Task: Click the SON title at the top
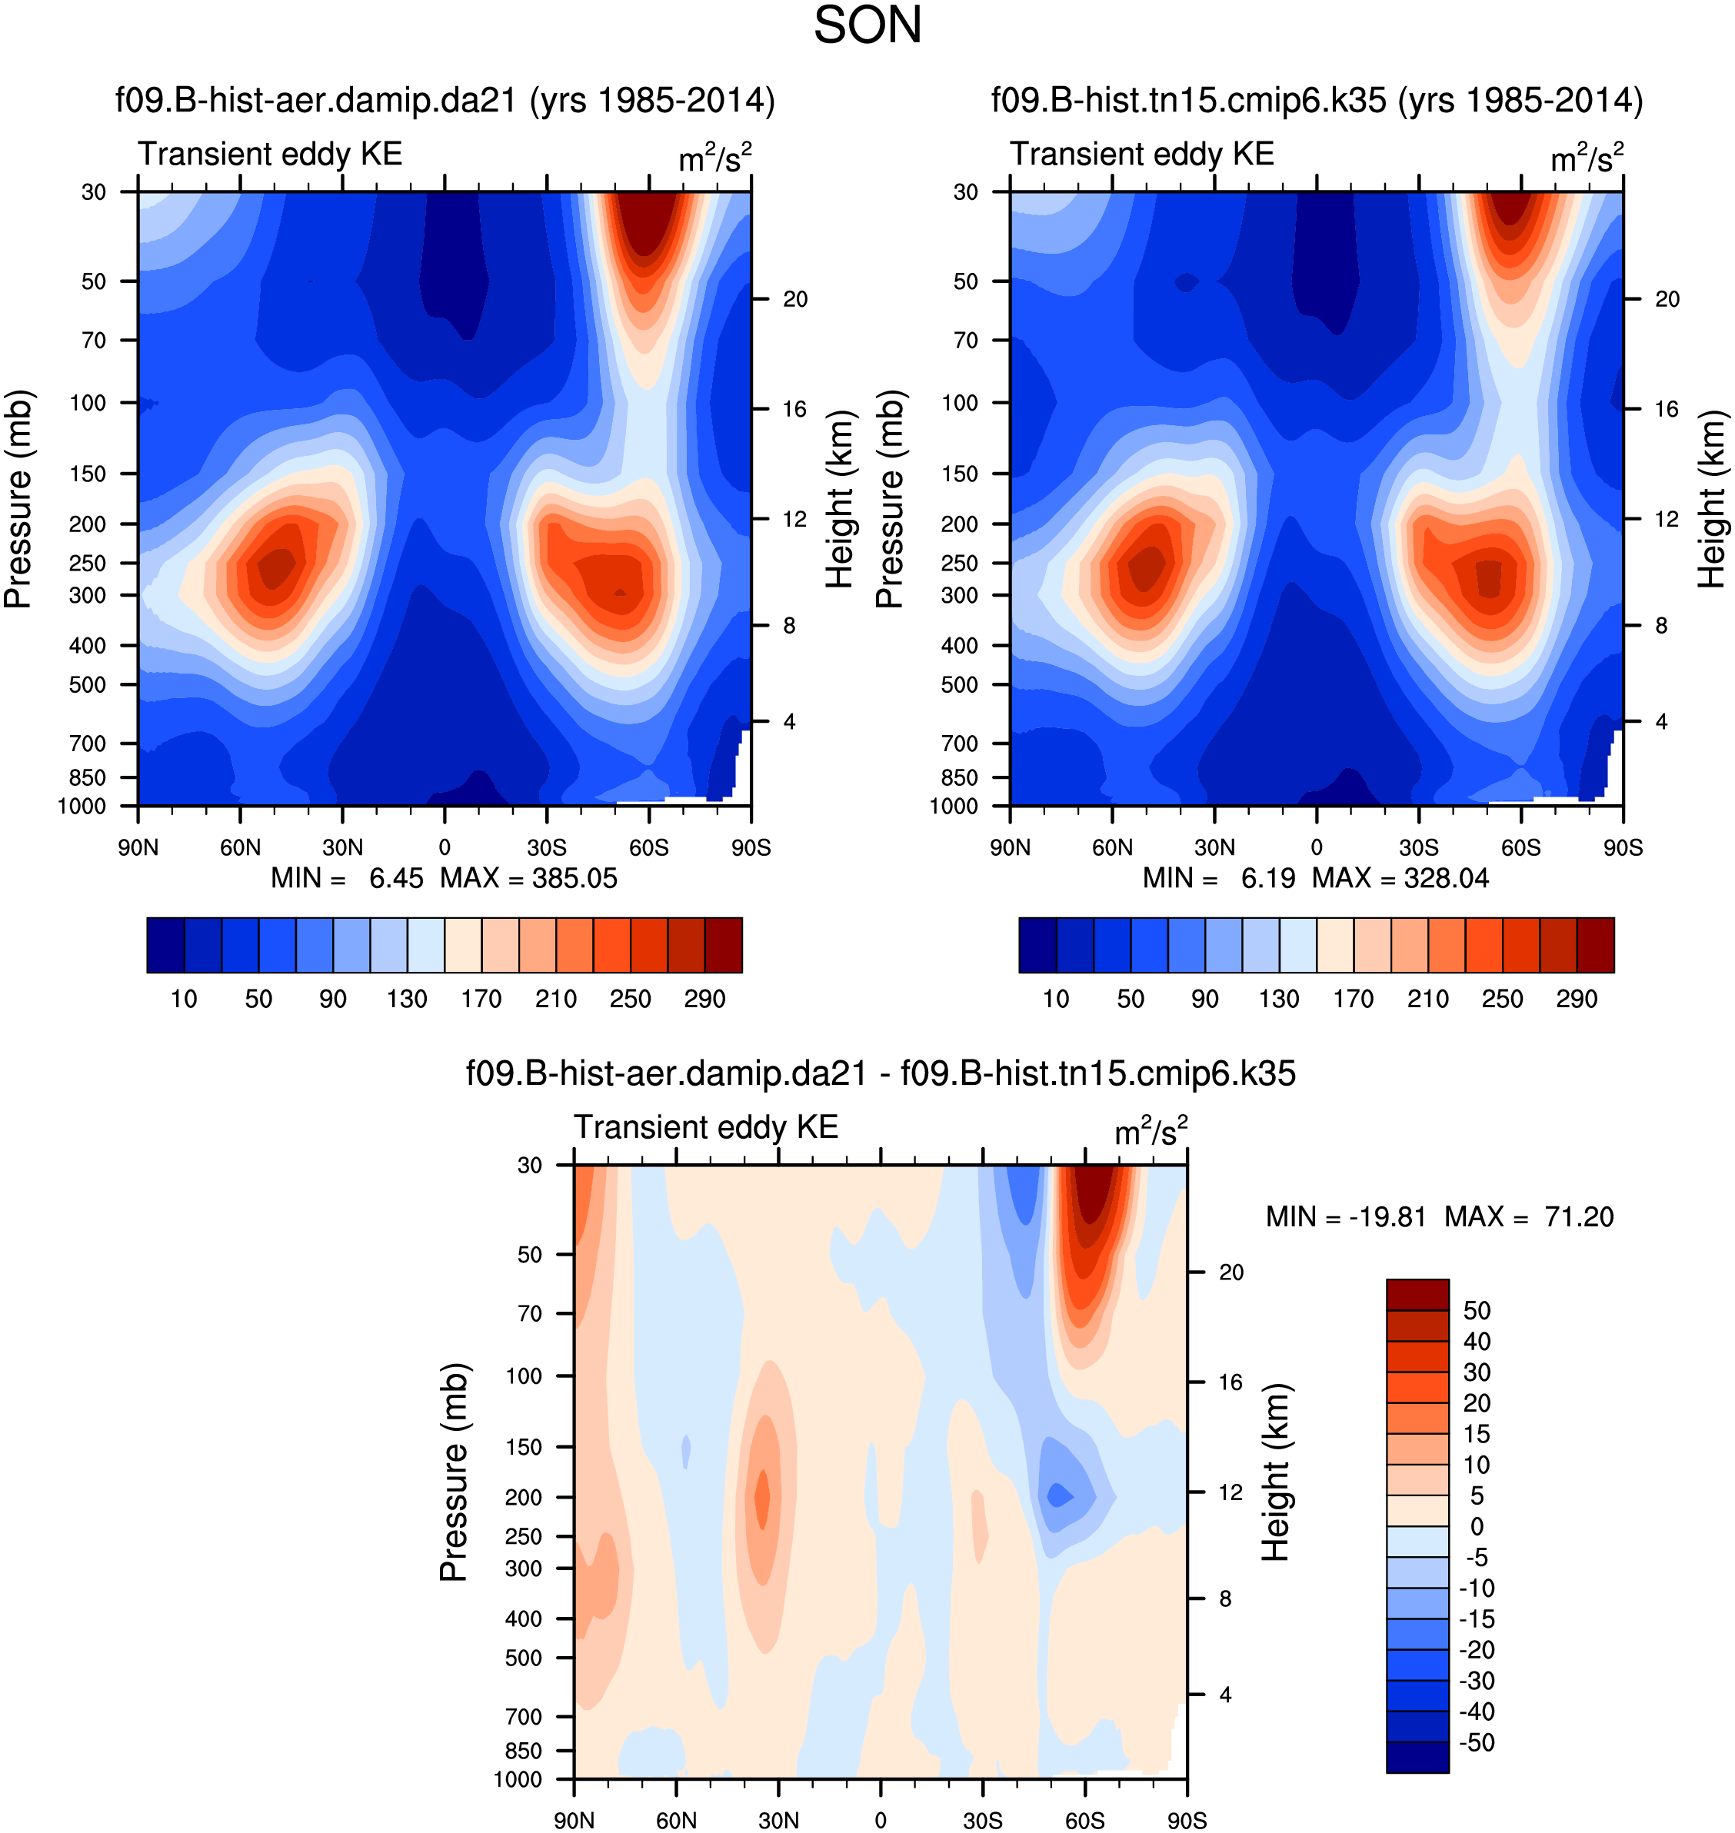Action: (x=867, y=26)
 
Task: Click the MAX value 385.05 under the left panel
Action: (x=574, y=879)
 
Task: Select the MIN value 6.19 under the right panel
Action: (x=1268, y=879)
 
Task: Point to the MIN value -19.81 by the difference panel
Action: (x=1387, y=1217)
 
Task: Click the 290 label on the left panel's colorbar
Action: (x=704, y=999)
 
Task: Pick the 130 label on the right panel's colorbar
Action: (x=1279, y=999)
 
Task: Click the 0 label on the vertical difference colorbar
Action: (x=1476, y=1527)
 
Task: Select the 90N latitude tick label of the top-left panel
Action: (x=138, y=848)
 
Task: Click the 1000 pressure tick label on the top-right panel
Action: (x=954, y=807)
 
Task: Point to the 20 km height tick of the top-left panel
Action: (x=794, y=300)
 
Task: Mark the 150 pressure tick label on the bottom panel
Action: (x=524, y=1447)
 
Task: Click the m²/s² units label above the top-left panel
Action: (x=715, y=158)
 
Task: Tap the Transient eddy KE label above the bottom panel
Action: (x=706, y=1127)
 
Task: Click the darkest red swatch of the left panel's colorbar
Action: (x=723, y=945)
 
